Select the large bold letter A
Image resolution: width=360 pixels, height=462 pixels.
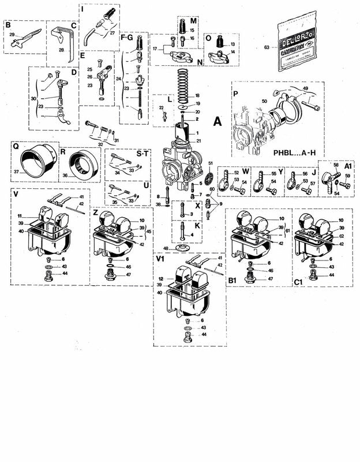click(x=217, y=122)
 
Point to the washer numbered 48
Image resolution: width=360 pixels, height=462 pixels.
click(x=183, y=249)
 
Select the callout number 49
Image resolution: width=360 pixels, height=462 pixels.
click(x=305, y=88)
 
